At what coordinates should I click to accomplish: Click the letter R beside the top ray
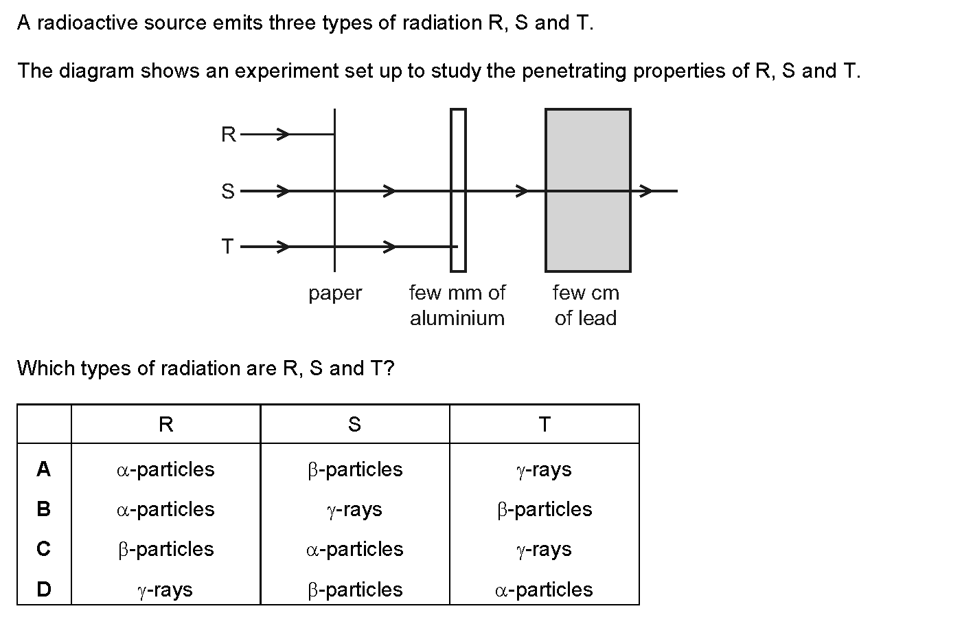click(229, 135)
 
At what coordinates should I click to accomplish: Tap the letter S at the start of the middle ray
click(228, 191)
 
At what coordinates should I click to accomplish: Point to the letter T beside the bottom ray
click(227, 247)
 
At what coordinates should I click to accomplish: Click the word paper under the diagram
click(335, 294)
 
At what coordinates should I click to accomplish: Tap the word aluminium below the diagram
click(457, 318)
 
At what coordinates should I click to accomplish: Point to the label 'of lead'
click(585, 318)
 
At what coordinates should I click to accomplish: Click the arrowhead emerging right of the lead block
click(646, 191)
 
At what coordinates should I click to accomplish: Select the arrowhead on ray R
click(283, 135)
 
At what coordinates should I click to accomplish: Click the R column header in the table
click(166, 425)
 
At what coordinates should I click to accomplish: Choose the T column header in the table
click(545, 425)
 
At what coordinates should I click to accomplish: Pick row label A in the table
click(44, 469)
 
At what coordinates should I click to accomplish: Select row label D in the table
click(44, 589)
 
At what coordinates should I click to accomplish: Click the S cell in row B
click(354, 510)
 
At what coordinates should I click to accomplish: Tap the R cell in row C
click(165, 550)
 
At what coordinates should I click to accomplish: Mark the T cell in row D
click(544, 590)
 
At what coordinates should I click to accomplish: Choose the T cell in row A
click(544, 470)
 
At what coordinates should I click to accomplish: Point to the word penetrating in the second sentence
click(574, 71)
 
